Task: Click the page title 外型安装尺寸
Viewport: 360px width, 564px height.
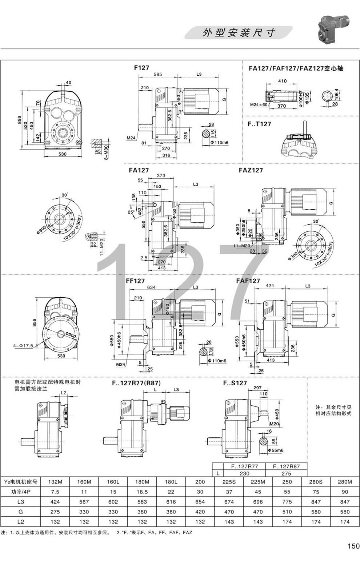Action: tap(239, 33)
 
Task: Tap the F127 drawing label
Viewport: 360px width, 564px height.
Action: tap(141, 68)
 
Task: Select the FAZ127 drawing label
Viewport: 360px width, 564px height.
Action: tap(251, 170)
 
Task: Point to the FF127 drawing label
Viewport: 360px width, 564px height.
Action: tap(135, 281)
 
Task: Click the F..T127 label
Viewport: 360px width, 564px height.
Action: tap(259, 124)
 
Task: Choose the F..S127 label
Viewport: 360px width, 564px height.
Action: tap(235, 383)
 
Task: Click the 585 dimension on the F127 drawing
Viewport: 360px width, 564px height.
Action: tap(157, 74)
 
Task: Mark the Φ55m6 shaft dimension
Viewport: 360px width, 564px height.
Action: tap(275, 450)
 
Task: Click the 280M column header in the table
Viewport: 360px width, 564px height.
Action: tap(345, 482)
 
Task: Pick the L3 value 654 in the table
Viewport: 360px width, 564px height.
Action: tap(200, 502)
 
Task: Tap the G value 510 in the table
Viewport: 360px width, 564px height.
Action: tap(287, 512)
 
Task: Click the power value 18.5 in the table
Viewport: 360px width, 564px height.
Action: tap(142, 492)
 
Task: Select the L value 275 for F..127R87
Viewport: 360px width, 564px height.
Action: tap(286, 473)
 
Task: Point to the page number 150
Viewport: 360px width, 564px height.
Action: tap(353, 546)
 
